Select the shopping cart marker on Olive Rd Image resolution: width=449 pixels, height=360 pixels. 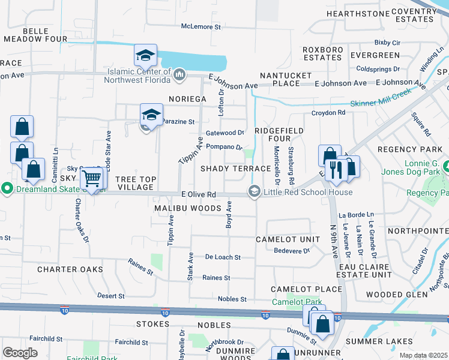91,178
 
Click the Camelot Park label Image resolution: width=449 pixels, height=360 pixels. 297,302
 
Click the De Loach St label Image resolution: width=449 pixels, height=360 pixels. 223,257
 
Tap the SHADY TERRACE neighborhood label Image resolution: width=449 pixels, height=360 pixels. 236,169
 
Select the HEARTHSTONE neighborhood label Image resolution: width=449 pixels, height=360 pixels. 354,13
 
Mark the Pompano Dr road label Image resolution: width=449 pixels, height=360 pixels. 223,146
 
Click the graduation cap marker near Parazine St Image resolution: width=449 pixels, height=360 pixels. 152,114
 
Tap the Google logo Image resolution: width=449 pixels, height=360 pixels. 20,353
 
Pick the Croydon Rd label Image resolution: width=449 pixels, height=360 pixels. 328,113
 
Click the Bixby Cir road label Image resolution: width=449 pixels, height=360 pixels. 387,43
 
